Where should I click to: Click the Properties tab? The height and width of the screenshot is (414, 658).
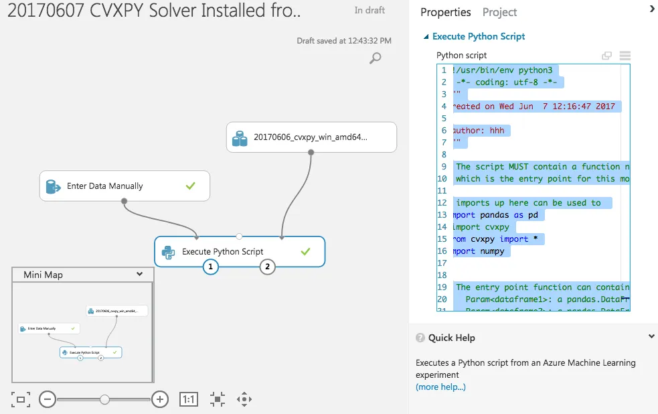click(445, 12)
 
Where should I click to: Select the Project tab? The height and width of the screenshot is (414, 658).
click(499, 12)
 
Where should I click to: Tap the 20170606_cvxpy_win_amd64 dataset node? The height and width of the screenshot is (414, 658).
click(311, 138)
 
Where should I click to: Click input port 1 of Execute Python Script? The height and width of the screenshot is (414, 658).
click(210, 267)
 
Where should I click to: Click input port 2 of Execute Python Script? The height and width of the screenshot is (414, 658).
click(268, 267)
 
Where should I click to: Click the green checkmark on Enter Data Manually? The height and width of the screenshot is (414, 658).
click(191, 186)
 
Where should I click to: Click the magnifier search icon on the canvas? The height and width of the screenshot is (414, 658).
click(376, 58)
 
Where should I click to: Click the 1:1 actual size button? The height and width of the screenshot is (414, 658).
click(189, 400)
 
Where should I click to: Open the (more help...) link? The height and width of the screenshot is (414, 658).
click(440, 387)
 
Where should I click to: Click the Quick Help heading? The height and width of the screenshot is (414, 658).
click(451, 338)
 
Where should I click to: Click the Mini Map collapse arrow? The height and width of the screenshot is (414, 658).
click(139, 274)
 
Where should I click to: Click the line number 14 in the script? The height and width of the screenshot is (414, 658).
click(442, 227)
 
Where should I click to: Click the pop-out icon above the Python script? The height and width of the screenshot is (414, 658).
click(606, 56)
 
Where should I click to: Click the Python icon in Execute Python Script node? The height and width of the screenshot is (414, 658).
click(168, 252)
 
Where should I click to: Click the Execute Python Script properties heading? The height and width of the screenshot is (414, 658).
click(478, 36)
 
